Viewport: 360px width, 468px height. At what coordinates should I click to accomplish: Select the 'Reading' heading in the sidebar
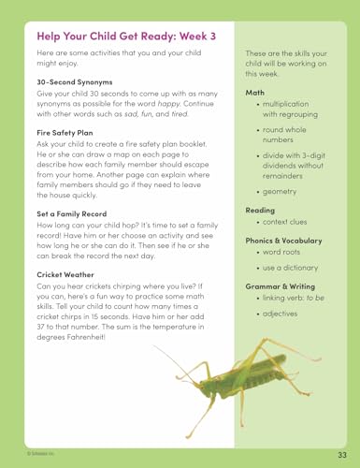(260, 210)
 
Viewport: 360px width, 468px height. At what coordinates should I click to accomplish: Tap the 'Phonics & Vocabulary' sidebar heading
(283, 240)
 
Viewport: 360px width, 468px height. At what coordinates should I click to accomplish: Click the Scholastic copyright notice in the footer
(19, 453)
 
